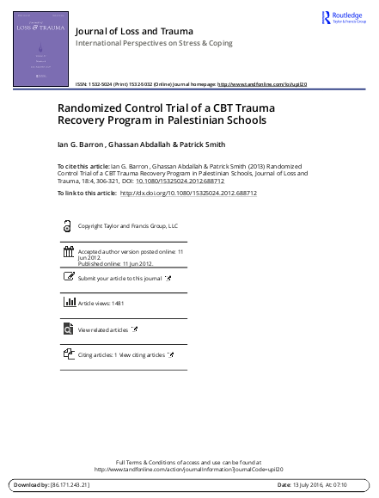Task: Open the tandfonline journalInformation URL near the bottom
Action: click(x=188, y=470)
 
